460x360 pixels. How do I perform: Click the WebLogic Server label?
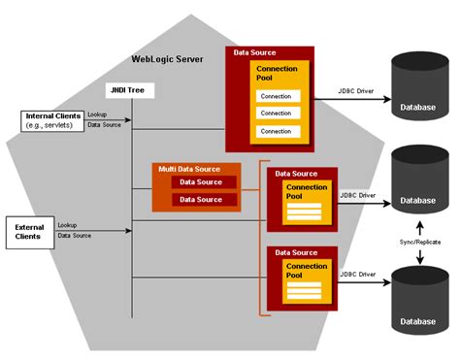[168, 60]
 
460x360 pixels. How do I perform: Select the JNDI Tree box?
[131, 90]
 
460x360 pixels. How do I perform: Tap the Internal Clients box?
[51, 120]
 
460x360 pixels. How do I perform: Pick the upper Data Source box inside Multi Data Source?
[201, 182]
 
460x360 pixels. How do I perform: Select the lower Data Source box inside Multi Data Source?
[201, 200]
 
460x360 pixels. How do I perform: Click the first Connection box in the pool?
[277, 96]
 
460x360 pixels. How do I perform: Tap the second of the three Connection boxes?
[277, 114]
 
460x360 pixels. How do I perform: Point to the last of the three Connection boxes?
[277, 131]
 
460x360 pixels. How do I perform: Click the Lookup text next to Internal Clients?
[97, 115]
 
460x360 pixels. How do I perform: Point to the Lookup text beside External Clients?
[68, 225]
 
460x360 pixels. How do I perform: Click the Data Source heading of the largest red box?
[256, 52]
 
